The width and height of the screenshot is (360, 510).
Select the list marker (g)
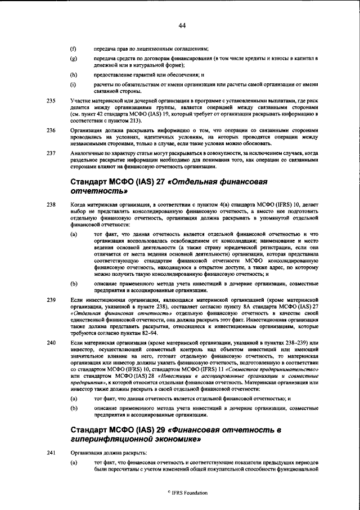73,58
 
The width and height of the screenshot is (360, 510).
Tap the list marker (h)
73,74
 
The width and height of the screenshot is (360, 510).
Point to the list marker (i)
73,85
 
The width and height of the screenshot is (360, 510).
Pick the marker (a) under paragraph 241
73,463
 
